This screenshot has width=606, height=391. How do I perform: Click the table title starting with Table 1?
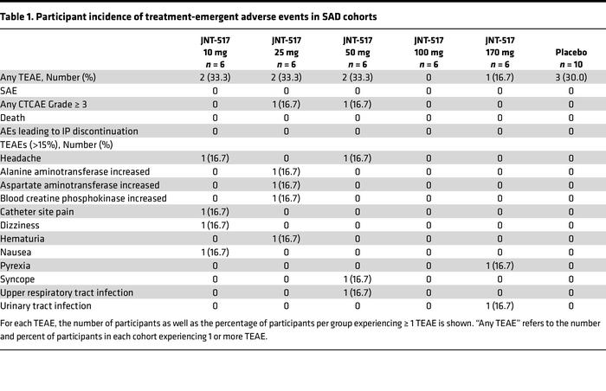[x=189, y=16]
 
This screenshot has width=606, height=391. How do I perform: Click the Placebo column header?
[x=571, y=58]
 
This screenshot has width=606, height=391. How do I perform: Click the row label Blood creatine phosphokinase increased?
[x=85, y=198]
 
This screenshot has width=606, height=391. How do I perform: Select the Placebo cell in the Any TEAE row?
[x=571, y=78]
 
